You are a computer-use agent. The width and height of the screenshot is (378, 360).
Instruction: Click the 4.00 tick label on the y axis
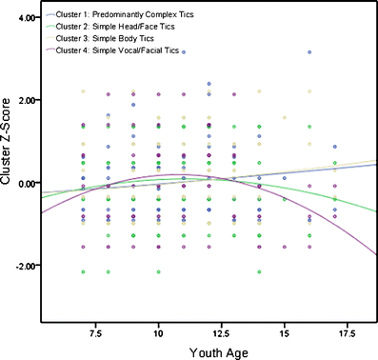click(26, 18)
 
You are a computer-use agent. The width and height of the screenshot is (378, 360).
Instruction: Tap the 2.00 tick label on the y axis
click(26, 100)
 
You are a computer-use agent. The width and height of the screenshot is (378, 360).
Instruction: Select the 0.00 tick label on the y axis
click(26, 183)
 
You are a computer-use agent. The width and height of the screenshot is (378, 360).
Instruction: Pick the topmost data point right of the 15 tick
click(308, 53)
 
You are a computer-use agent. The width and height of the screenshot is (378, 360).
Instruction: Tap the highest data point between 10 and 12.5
click(184, 52)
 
